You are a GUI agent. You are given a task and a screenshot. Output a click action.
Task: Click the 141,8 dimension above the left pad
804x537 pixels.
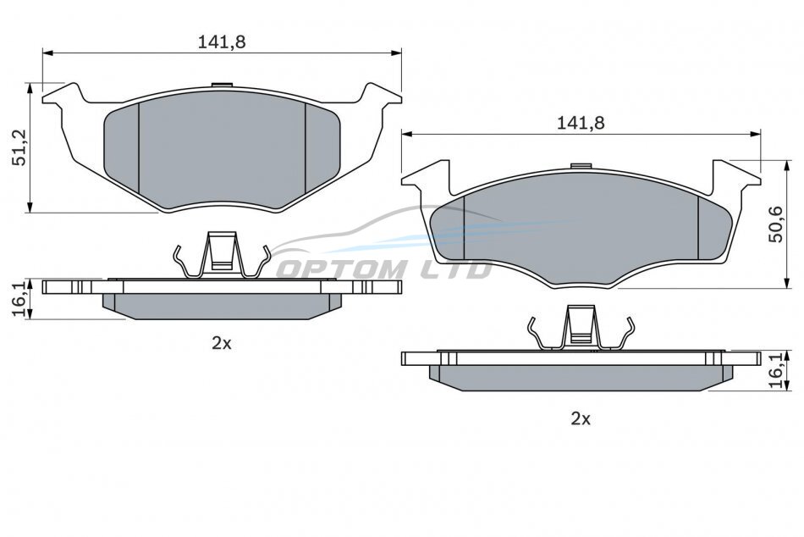222,42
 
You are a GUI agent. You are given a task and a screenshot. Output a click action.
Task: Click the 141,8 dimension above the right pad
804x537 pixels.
581,123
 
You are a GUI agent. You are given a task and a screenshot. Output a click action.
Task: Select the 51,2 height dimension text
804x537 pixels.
20,147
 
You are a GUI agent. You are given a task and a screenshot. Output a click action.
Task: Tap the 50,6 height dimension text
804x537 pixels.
776,224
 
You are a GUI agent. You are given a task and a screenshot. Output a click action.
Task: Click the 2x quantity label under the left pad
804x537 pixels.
222,343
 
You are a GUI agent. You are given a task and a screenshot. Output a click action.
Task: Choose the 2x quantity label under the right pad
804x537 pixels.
581,419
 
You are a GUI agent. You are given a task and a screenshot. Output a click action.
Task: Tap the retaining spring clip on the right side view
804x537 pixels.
581,329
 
